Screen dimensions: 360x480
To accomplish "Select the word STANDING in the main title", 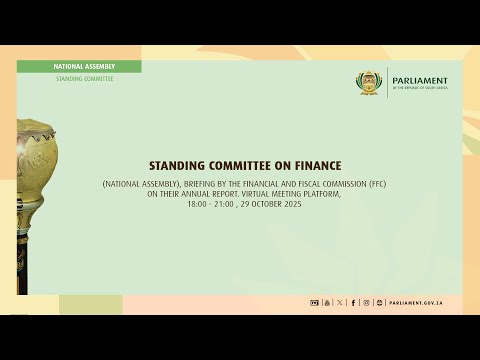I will [176, 165].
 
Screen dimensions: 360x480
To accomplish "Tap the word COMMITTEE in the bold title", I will [241, 165].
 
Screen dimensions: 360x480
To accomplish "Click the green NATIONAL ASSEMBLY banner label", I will [84, 66].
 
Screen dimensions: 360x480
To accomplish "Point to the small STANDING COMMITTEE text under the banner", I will [84, 78].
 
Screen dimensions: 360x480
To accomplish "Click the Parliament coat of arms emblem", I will [371, 83].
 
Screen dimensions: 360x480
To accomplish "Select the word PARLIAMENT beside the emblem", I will [421, 80].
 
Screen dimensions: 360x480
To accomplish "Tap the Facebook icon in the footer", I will [353, 302].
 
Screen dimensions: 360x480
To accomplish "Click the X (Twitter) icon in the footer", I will [340, 302].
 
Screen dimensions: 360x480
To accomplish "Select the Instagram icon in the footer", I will [366, 302].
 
